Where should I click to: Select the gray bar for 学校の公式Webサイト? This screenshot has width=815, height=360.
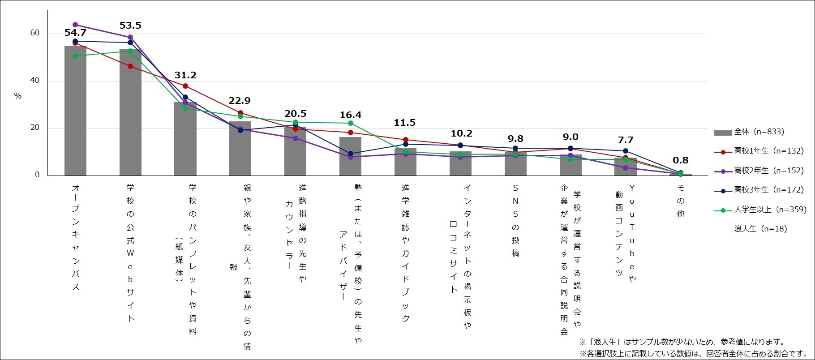[130, 112]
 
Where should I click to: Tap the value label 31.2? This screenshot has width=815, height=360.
[185, 75]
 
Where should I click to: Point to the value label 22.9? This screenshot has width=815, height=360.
[240, 101]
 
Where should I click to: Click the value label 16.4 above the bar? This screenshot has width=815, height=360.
[350, 115]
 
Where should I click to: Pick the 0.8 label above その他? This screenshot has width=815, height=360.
[680, 160]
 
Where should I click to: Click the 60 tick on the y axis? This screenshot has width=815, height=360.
[35, 33]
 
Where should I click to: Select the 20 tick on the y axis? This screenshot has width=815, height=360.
[35, 127]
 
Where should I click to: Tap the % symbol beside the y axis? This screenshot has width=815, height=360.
[18, 96]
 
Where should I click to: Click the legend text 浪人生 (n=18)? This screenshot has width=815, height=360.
[760, 229]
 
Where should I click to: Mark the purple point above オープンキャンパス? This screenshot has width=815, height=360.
[75, 25]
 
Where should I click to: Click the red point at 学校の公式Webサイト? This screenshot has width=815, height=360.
[130, 66]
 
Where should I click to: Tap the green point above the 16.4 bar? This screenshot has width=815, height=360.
[350, 123]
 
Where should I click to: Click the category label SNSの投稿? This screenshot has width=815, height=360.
[515, 220]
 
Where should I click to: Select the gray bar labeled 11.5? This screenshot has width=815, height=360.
[405, 162]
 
